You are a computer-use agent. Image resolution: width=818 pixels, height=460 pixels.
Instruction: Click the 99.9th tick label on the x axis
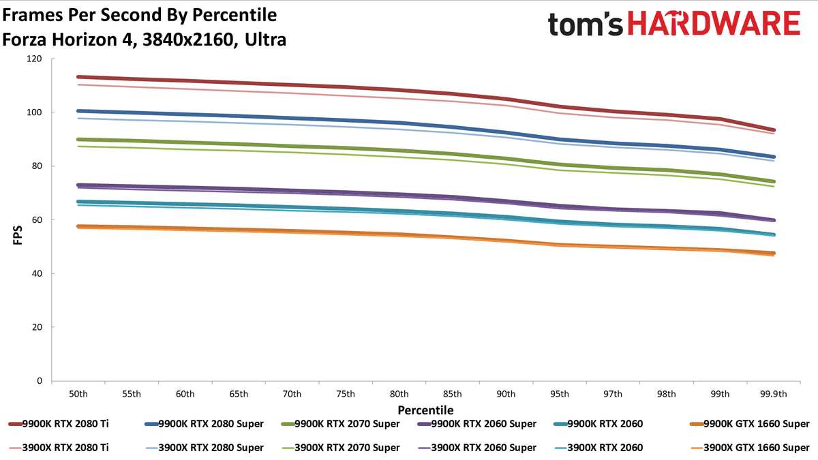coord(774,394)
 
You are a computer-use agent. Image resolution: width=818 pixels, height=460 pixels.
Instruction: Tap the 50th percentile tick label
coord(78,394)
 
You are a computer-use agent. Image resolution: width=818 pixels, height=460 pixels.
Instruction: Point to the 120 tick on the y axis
coord(34,59)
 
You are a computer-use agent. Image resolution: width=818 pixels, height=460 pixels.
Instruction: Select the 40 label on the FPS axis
coord(37,273)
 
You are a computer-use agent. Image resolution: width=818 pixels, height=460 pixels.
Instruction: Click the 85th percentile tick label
coord(453,394)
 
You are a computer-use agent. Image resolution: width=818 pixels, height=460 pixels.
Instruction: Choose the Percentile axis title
coord(425,410)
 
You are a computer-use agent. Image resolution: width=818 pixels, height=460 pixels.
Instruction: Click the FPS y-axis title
coord(18,235)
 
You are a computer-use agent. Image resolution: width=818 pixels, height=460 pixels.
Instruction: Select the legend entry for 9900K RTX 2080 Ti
coord(59,424)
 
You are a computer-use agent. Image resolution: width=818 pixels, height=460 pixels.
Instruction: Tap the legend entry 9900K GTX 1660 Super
coord(750,424)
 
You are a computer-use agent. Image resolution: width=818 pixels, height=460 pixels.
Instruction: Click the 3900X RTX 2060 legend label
coord(599,448)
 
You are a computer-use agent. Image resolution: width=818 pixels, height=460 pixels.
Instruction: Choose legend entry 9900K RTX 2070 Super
coord(340,424)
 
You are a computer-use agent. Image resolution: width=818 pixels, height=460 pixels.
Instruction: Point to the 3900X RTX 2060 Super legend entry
coord(477,448)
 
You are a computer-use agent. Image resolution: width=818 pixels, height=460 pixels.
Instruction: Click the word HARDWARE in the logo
coord(714,22)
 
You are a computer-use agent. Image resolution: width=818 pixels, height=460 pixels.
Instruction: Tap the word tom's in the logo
coord(585,24)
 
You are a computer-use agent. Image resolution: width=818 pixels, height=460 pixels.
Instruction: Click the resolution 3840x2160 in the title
coord(187,40)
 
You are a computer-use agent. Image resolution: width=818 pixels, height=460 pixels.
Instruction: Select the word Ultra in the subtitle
coord(265,40)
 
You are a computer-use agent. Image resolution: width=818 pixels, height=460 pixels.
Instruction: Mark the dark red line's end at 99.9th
coord(773,130)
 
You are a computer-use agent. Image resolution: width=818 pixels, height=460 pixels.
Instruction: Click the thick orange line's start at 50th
coord(78,226)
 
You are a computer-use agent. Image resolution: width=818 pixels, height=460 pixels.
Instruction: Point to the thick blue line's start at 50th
coord(78,111)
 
